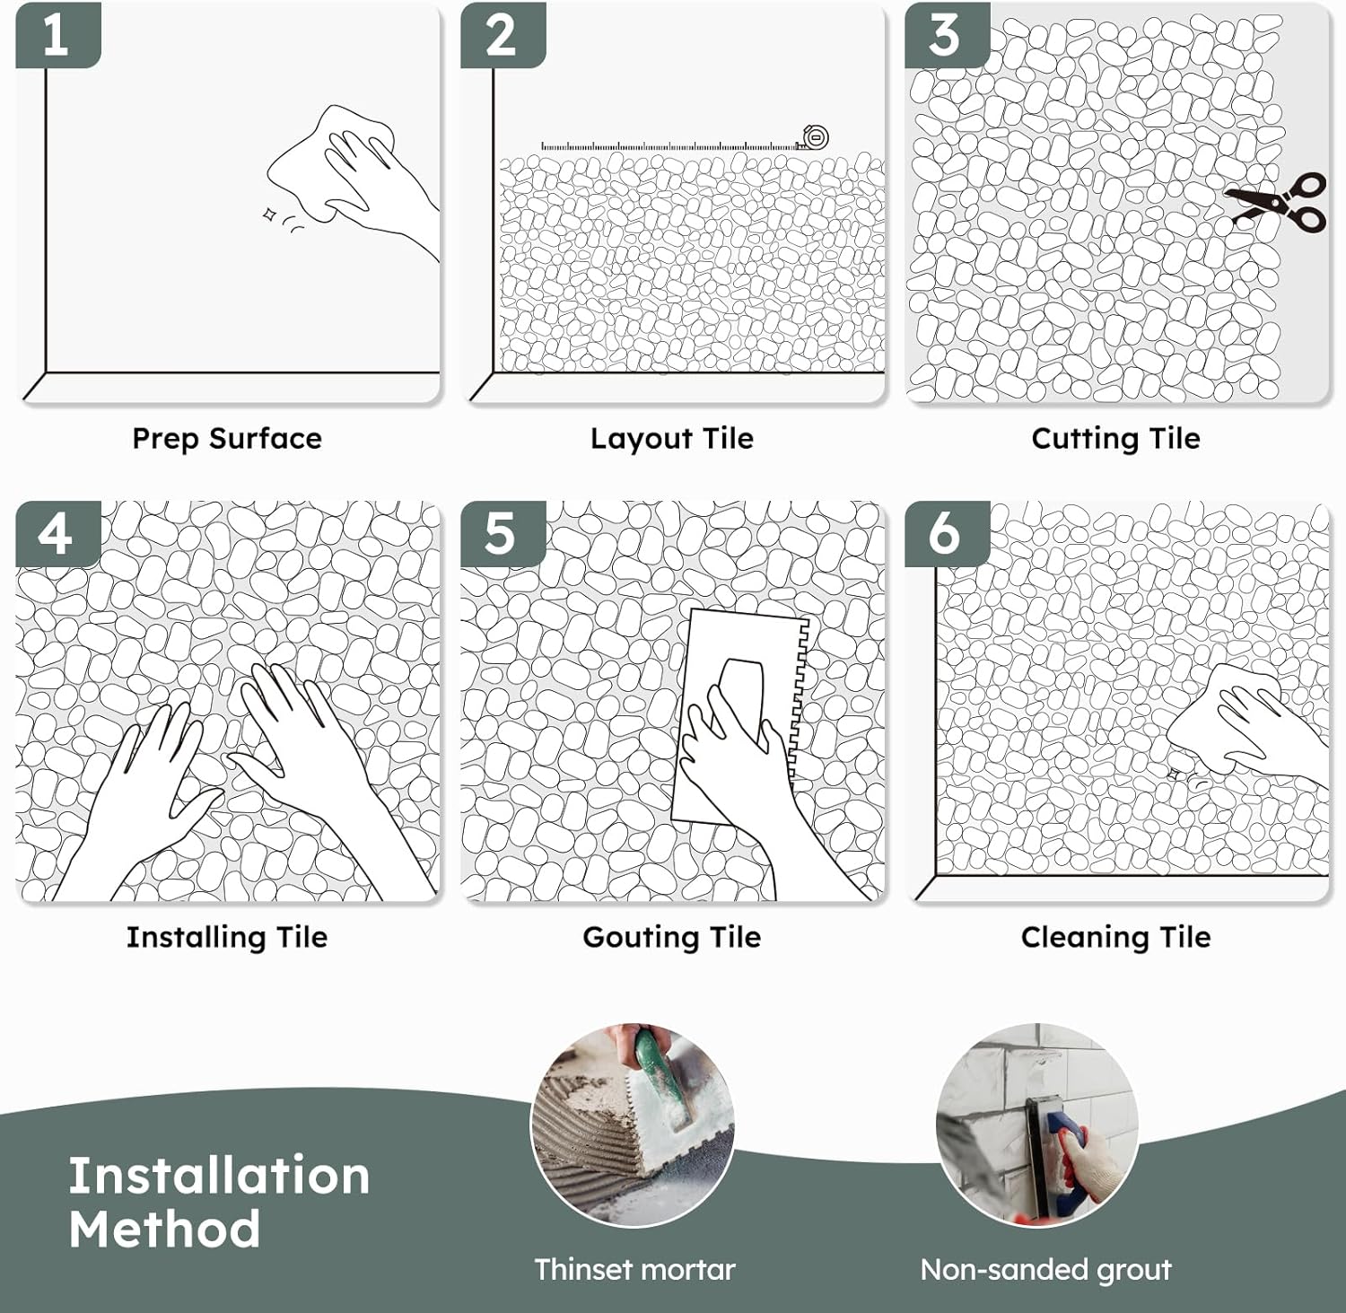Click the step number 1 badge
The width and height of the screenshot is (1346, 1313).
click(57, 36)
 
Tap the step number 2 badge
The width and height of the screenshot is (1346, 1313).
click(502, 36)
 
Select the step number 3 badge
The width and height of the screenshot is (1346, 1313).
click(945, 36)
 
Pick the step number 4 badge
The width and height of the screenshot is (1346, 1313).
click(57, 534)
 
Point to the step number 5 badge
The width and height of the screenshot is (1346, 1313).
click(502, 534)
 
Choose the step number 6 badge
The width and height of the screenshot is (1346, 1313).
click(945, 534)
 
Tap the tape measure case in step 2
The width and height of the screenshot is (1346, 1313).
click(815, 138)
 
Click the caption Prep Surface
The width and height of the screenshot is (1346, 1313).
click(227, 439)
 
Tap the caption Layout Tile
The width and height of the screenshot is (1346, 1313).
click(672, 439)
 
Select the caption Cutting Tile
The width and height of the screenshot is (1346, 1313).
click(1115, 439)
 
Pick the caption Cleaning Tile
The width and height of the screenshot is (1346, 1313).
click(1115, 938)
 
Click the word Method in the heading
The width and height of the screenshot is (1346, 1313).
click(165, 1230)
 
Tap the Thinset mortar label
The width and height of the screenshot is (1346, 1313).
click(634, 1270)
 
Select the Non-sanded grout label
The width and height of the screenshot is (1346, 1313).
click(1045, 1270)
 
